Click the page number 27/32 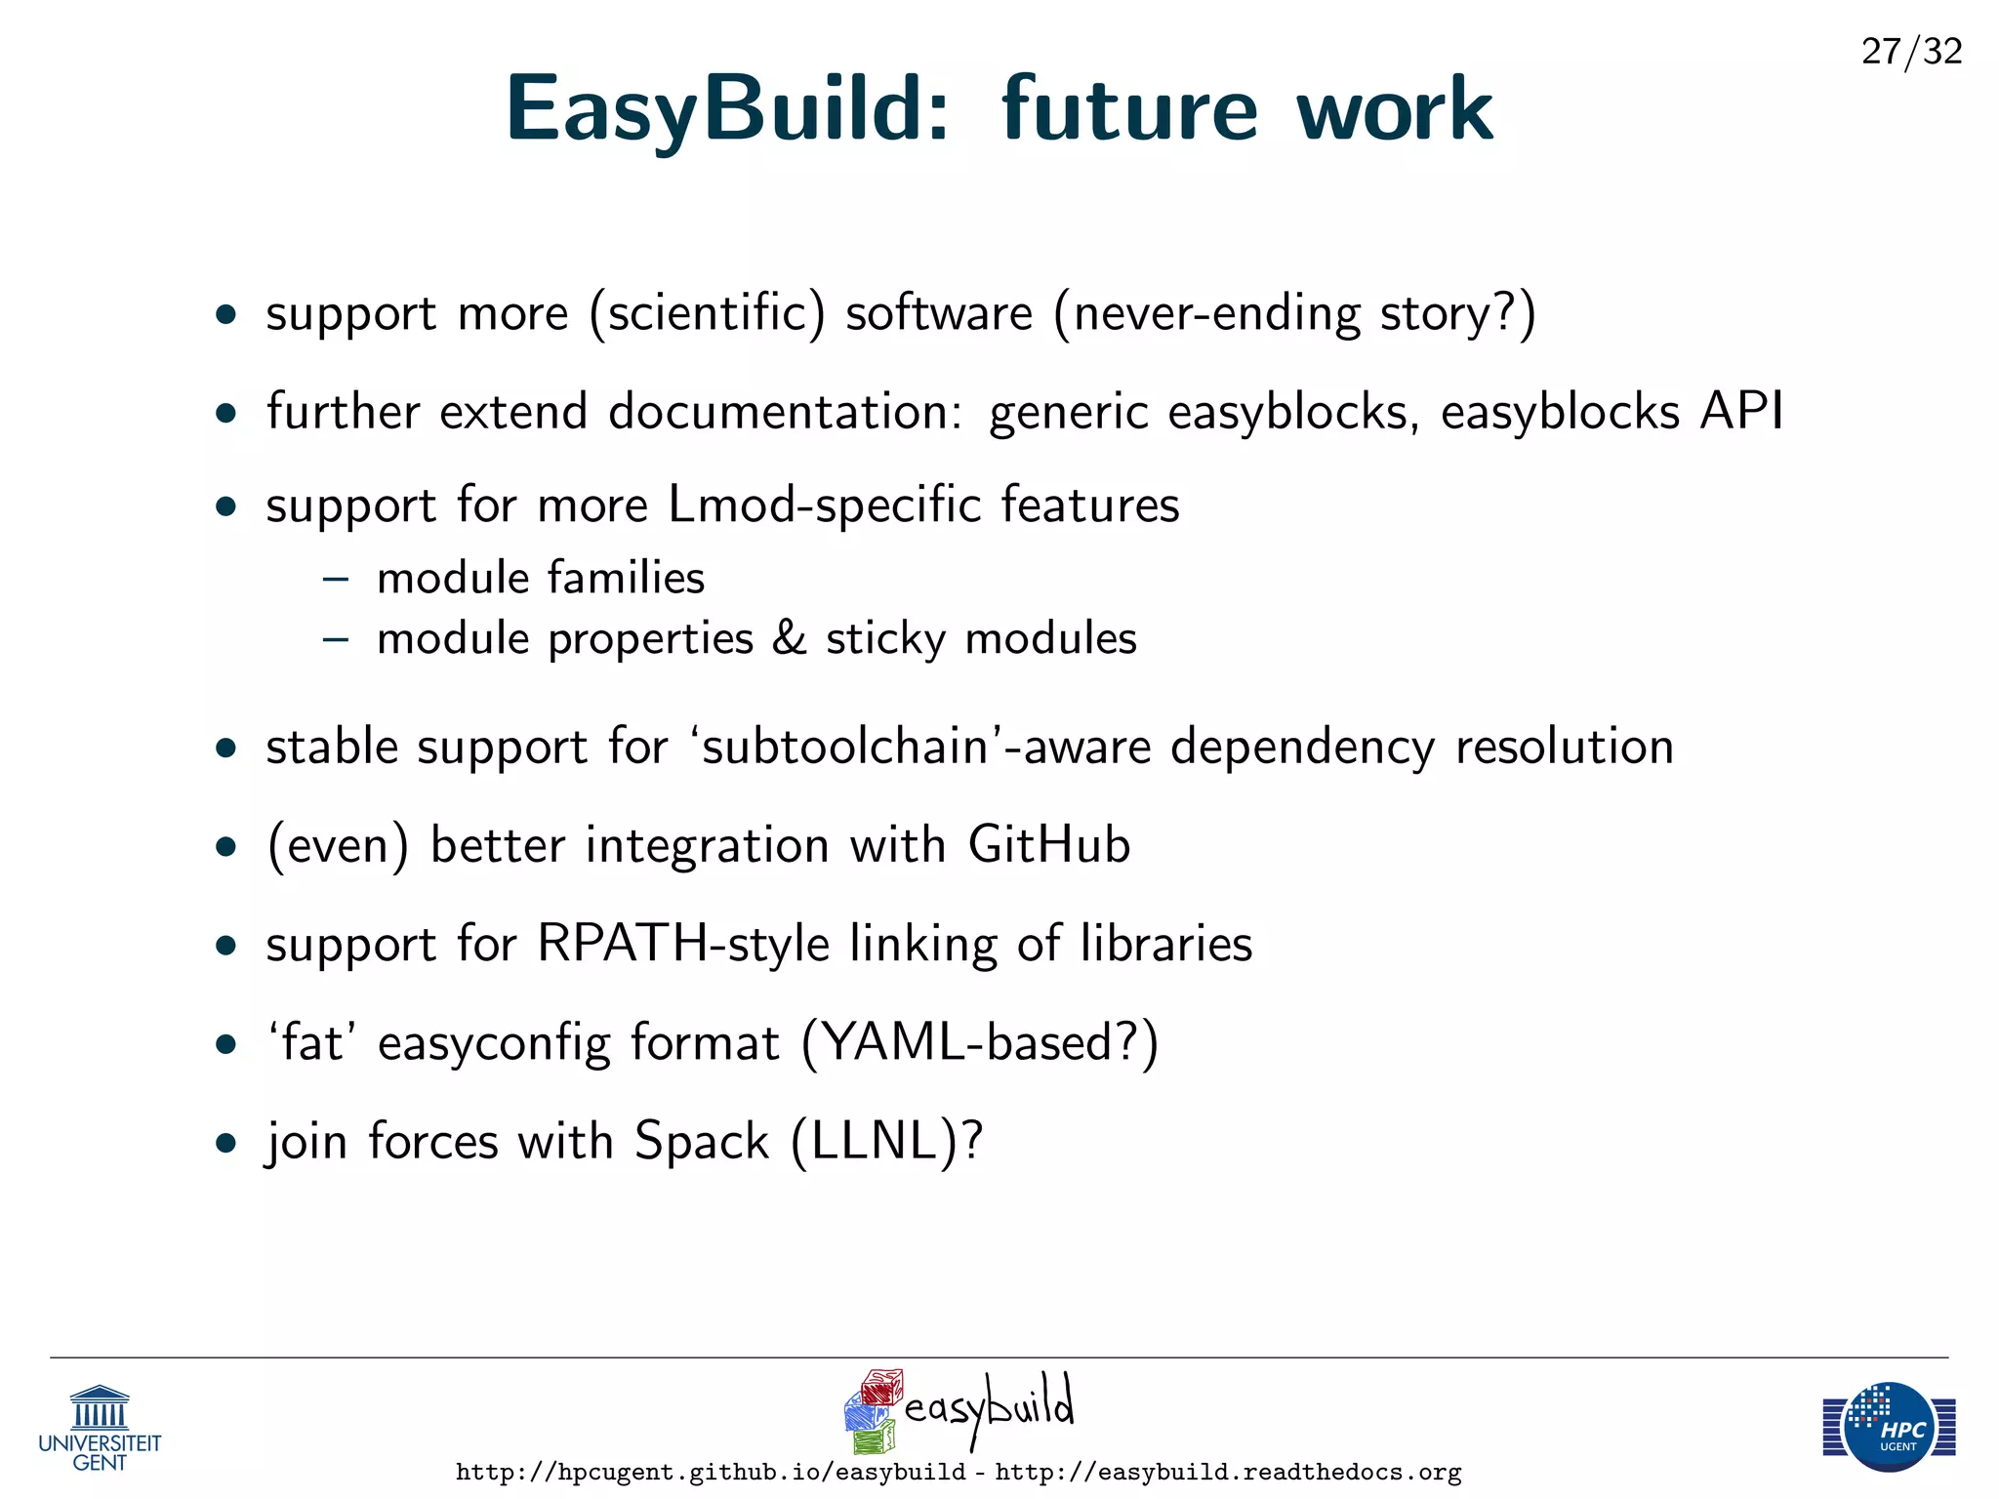(1911, 51)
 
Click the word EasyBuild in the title (726, 109)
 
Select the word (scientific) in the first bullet (707, 314)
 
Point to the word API (1741, 411)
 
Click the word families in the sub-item (625, 578)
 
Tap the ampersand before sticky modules (789, 638)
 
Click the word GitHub (1049, 845)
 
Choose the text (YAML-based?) (979, 1043)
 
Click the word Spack (701, 1141)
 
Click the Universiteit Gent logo (100, 1428)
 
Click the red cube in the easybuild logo (881, 1387)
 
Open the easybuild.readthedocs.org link (1228, 1473)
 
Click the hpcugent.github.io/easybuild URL (711, 1473)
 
